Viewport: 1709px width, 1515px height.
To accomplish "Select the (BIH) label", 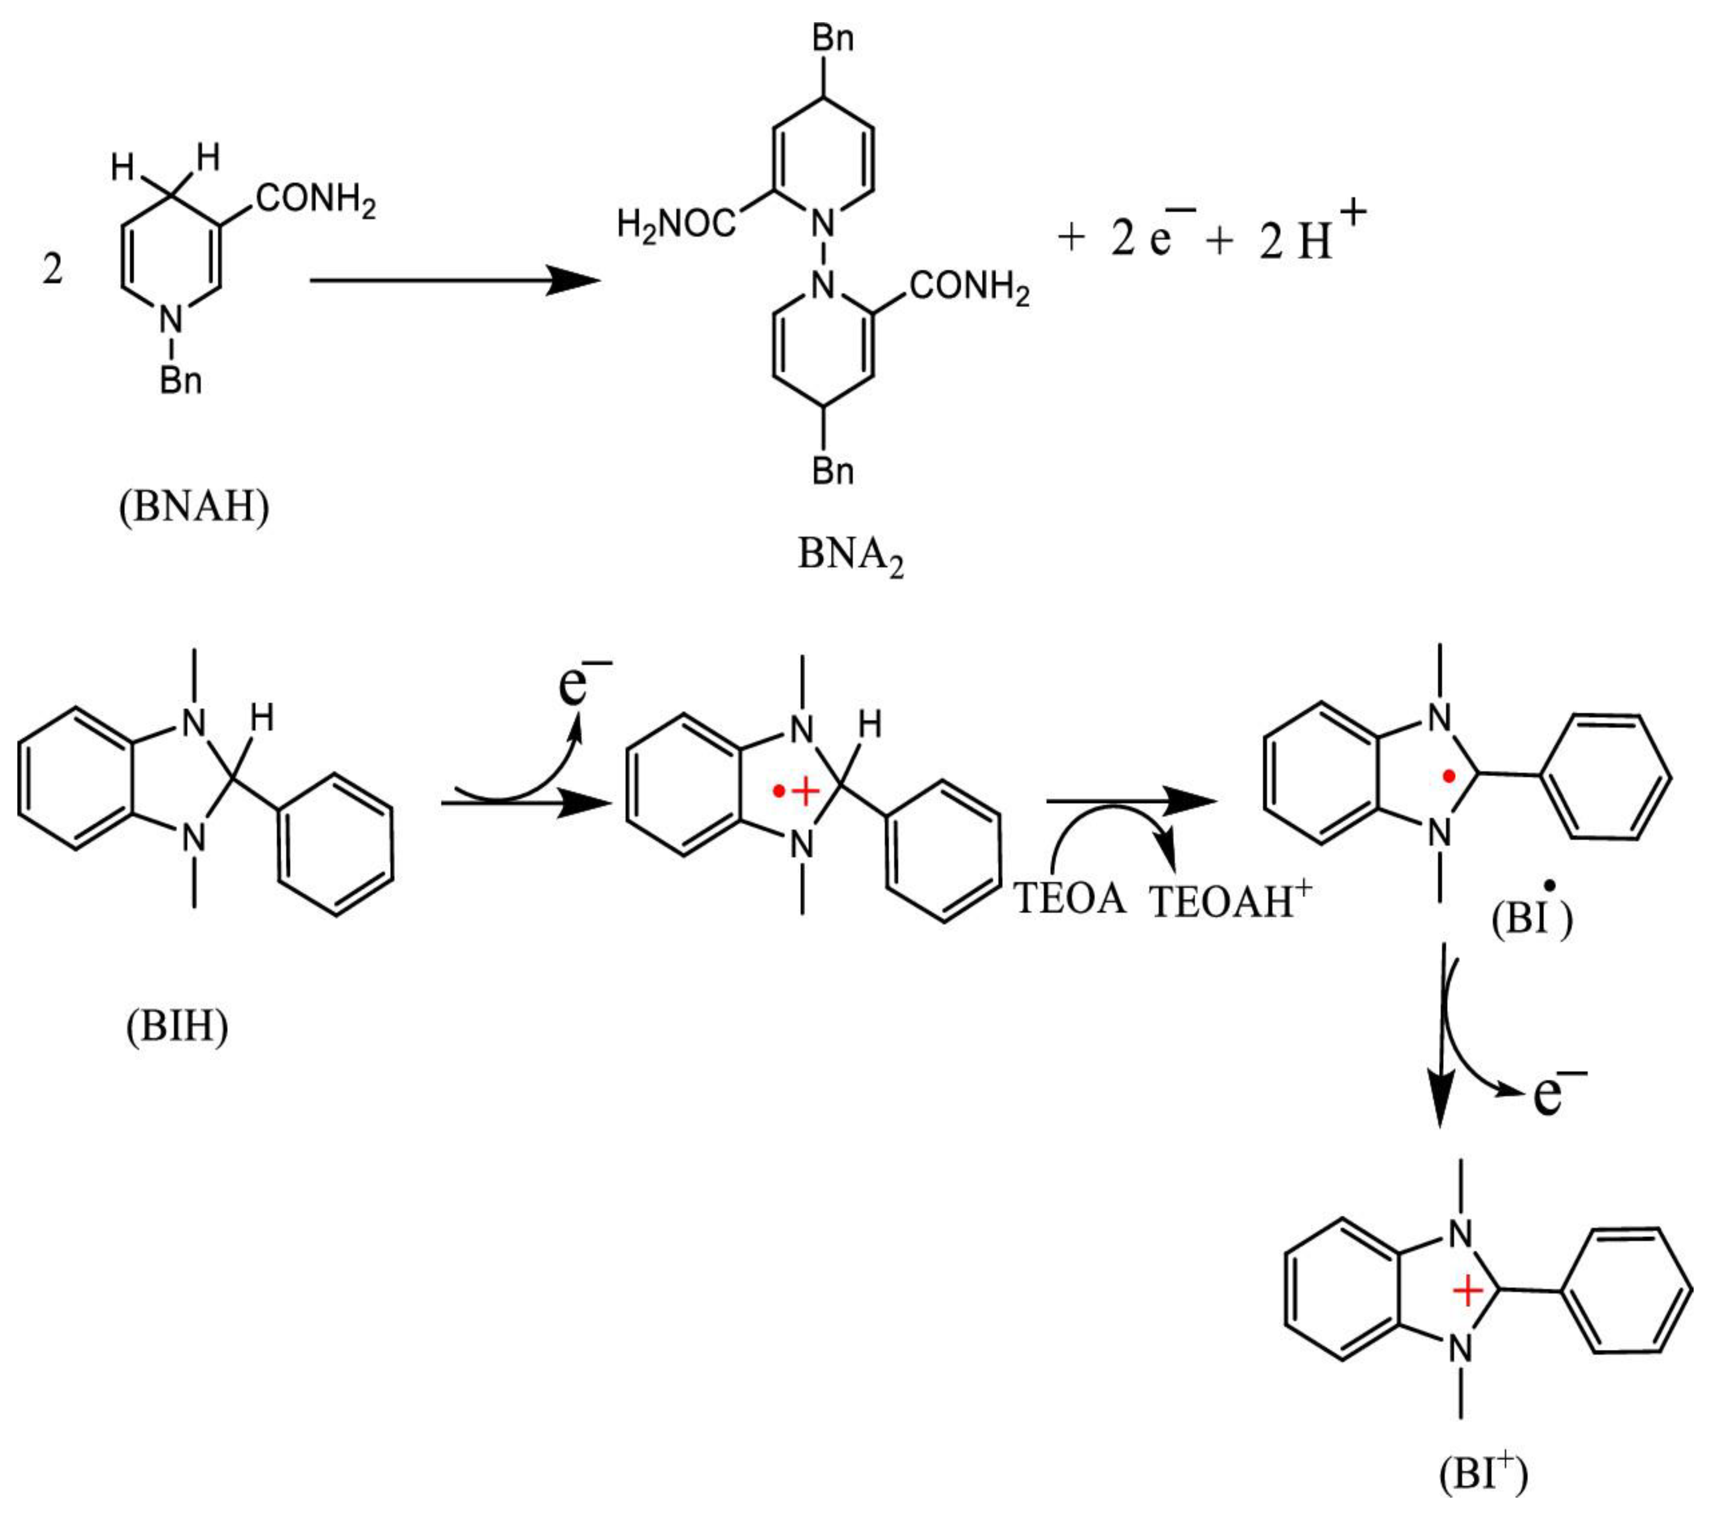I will (x=177, y=1026).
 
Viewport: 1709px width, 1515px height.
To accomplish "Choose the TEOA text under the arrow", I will (x=1070, y=899).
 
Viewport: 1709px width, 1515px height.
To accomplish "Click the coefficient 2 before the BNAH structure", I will (x=53, y=270).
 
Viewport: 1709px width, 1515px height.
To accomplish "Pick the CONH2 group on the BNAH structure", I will (x=315, y=200).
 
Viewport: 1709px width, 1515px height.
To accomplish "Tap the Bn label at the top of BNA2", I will (x=833, y=39).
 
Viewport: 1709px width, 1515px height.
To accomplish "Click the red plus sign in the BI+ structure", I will (x=1467, y=1292).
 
